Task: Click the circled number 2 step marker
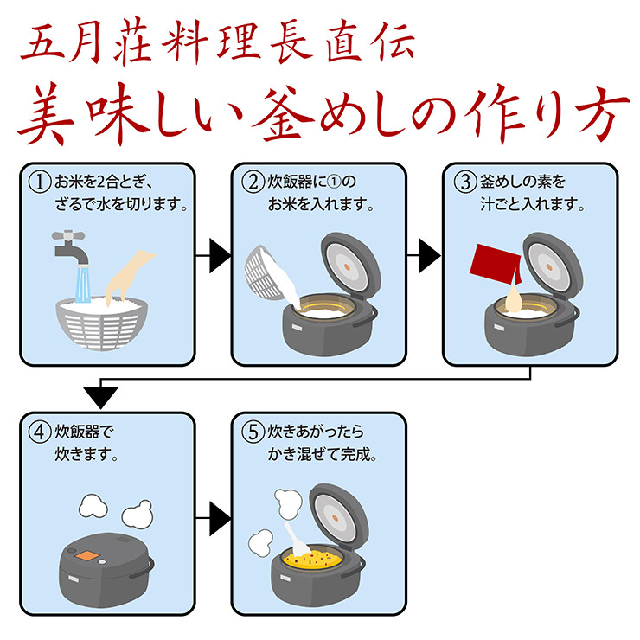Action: coord(253,183)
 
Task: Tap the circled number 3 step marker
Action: coord(464,183)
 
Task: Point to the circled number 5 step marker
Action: coord(253,430)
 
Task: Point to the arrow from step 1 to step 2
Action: coord(215,255)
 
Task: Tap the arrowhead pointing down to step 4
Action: coord(103,397)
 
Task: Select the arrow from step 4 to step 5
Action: coord(215,519)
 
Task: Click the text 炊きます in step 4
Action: coord(86,452)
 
